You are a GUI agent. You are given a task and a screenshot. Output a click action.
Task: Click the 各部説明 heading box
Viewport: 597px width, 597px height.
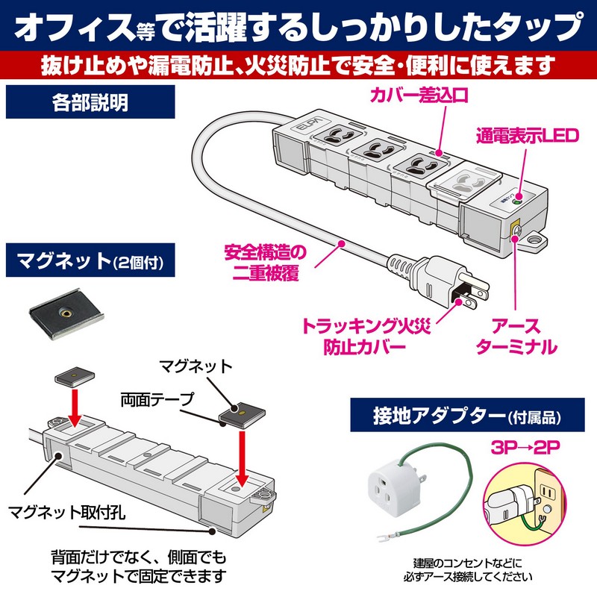tap(90, 102)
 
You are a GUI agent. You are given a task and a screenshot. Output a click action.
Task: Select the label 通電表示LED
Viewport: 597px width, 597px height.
tap(527, 137)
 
